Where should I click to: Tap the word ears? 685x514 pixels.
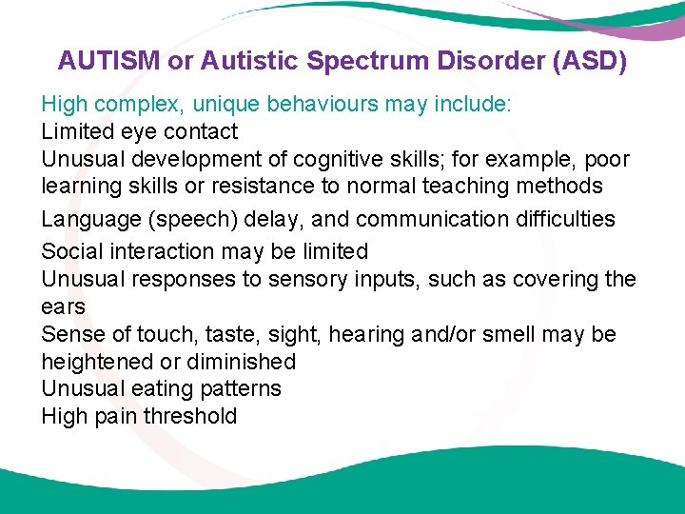[63, 307]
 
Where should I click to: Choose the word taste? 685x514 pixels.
[226, 335]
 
